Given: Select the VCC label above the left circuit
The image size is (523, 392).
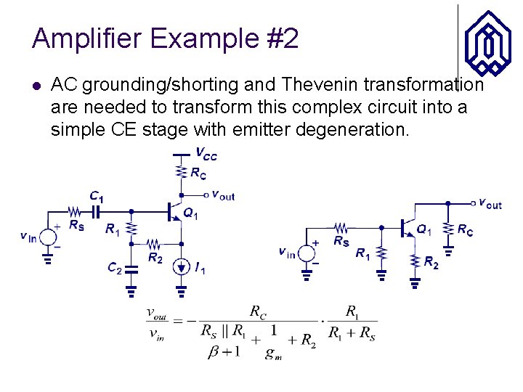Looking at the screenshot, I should pos(206,154).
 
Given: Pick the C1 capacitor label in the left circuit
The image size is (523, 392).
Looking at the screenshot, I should pos(97,197).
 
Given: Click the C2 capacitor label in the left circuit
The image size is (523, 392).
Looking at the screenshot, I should pos(115,269).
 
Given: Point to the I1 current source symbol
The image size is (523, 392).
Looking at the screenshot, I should pos(182,267).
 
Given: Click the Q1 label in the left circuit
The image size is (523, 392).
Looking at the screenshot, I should pos(190,213).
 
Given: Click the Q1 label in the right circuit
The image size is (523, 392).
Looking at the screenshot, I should pos(423,230).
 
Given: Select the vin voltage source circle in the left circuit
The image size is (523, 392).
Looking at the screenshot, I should pos(49,237).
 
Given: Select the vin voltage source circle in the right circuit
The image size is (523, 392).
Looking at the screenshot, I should pos(307,253).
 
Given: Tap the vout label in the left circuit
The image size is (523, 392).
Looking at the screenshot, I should pos(222,195).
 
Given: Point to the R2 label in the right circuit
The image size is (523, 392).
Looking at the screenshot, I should pos(431,262).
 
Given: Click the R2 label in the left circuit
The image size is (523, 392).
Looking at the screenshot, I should pos(155,257).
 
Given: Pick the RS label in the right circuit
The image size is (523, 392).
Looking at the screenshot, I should pos(341,241).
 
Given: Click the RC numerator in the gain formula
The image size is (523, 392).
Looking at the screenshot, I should pos(258,312).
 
